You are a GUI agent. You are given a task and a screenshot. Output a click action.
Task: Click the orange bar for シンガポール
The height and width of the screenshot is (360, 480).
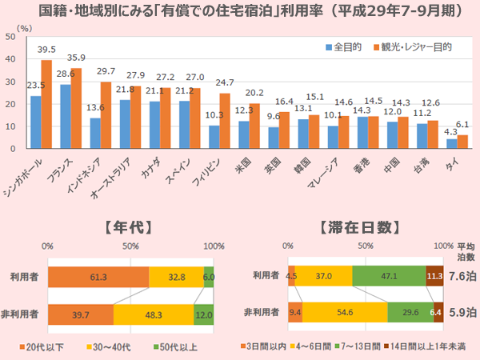coord(46,104)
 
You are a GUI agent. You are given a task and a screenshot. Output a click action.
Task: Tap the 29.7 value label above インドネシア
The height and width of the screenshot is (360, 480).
coord(105,72)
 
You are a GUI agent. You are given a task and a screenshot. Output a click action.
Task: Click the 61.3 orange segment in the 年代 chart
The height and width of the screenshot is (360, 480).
coord(98,276)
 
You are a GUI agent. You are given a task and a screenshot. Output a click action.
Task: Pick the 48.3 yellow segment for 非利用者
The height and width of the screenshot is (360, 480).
coord(154,314)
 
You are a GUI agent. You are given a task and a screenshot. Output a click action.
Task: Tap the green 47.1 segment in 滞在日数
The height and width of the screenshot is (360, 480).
coord(389,276)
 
